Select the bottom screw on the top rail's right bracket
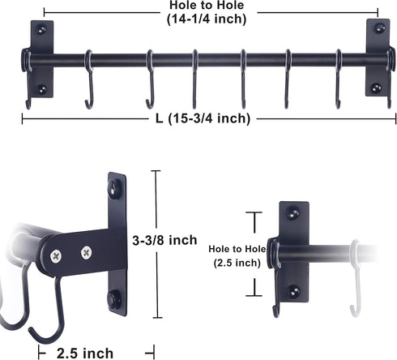pyautogui.click(x=375, y=88)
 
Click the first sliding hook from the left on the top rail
pyautogui.click(x=89, y=81)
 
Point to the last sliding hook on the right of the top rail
pyautogui.click(x=336, y=81)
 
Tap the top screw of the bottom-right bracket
pyautogui.click(x=293, y=214)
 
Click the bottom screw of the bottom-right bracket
pyautogui.click(x=294, y=290)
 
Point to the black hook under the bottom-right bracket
pyautogui.click(x=276, y=300)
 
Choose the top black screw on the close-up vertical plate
pyautogui.click(x=114, y=188)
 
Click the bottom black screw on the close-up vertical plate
pyautogui.click(x=114, y=298)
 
